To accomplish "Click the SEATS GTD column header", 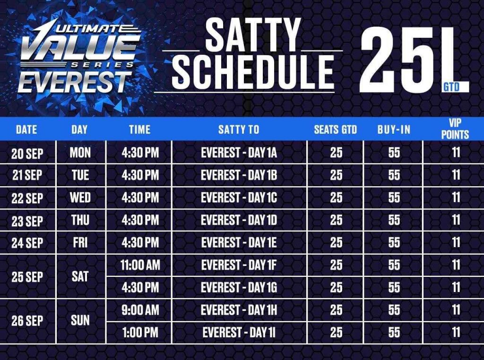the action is pyautogui.click(x=335, y=129).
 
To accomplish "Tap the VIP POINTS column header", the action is pyautogui.click(x=455, y=129).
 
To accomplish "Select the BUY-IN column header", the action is pyautogui.click(x=394, y=129).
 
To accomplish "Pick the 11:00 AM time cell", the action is pyautogui.click(x=140, y=265).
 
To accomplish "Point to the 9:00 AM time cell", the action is pyautogui.click(x=140, y=310).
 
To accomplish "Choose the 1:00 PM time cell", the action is pyautogui.click(x=140, y=333).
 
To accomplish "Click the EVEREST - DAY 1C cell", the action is pyautogui.click(x=239, y=198).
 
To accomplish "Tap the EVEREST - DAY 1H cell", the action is pyautogui.click(x=239, y=310).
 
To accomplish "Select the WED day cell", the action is pyautogui.click(x=80, y=198).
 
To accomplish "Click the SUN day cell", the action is pyautogui.click(x=80, y=320).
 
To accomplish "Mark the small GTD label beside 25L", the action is pyautogui.click(x=451, y=87).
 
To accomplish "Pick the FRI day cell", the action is pyautogui.click(x=80, y=243).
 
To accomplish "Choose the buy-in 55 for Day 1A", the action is pyautogui.click(x=394, y=153).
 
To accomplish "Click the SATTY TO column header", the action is pyautogui.click(x=239, y=129).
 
